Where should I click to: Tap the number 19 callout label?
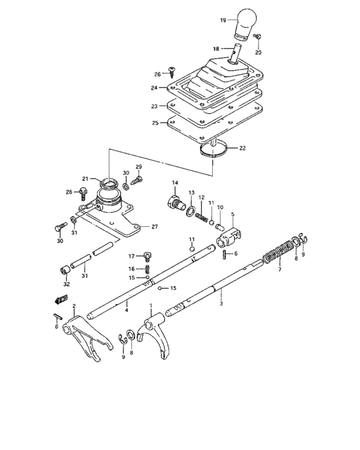[223, 21]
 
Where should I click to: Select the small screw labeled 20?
[256, 37]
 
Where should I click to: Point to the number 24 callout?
[154, 88]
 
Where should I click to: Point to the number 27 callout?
[154, 226]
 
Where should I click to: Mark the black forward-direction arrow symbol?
[62, 298]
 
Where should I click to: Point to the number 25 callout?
[154, 122]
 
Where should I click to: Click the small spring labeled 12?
[202, 212]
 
